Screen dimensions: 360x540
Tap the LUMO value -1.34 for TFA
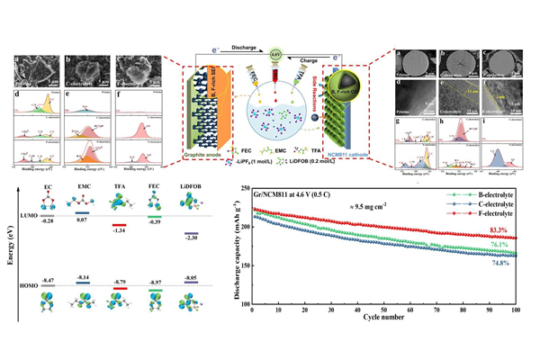(118, 230)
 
